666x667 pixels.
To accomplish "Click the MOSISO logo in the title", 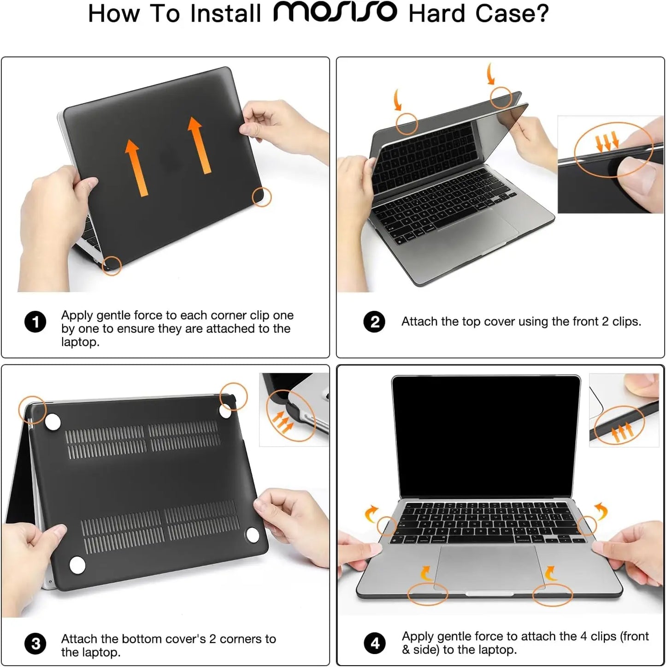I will coord(335,12).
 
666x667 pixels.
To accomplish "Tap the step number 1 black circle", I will coord(35,322).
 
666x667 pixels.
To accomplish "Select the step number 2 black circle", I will coord(375,322).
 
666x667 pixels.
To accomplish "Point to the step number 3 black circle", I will coord(35,644).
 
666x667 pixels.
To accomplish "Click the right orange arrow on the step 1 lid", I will coord(200,145).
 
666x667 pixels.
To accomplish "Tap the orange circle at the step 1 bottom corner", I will coord(111,266).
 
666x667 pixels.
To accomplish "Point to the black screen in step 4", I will coord(486,436).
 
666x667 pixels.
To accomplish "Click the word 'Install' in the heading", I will coord(226,13).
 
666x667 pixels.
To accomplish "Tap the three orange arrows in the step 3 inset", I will coord(282,421).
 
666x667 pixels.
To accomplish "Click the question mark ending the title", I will coord(542,13).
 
